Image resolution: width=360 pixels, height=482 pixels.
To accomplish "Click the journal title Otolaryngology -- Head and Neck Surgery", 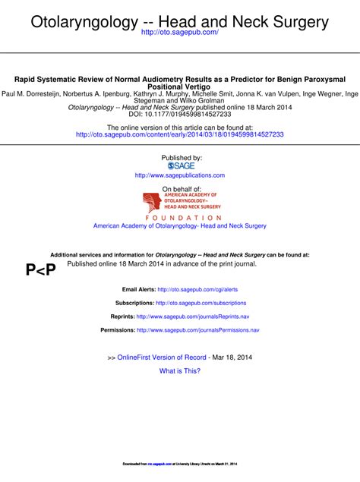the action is [x=180, y=20].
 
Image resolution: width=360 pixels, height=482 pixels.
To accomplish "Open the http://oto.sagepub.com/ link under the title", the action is [x=180, y=33].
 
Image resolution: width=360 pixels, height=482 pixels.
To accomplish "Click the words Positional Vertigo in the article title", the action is [x=180, y=87].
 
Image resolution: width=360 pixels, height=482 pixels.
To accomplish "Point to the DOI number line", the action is [x=180, y=114].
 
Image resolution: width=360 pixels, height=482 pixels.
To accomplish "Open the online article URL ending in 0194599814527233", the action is [x=180, y=134].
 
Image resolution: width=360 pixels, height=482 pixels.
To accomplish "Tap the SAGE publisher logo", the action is [x=180, y=165].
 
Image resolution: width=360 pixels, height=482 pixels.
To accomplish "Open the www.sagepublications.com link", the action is [x=180, y=175].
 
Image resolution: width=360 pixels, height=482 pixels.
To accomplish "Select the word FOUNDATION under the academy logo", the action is [x=180, y=218].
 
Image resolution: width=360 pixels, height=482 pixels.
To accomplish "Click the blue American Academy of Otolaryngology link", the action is [x=180, y=226].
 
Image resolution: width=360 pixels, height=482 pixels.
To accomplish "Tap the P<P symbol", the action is [x=40, y=269].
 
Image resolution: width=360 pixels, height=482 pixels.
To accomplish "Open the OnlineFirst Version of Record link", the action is [x=162, y=357].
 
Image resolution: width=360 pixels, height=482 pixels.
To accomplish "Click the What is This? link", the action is [x=180, y=371].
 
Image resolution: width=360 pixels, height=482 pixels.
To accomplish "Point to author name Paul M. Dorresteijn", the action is [x=32, y=94].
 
